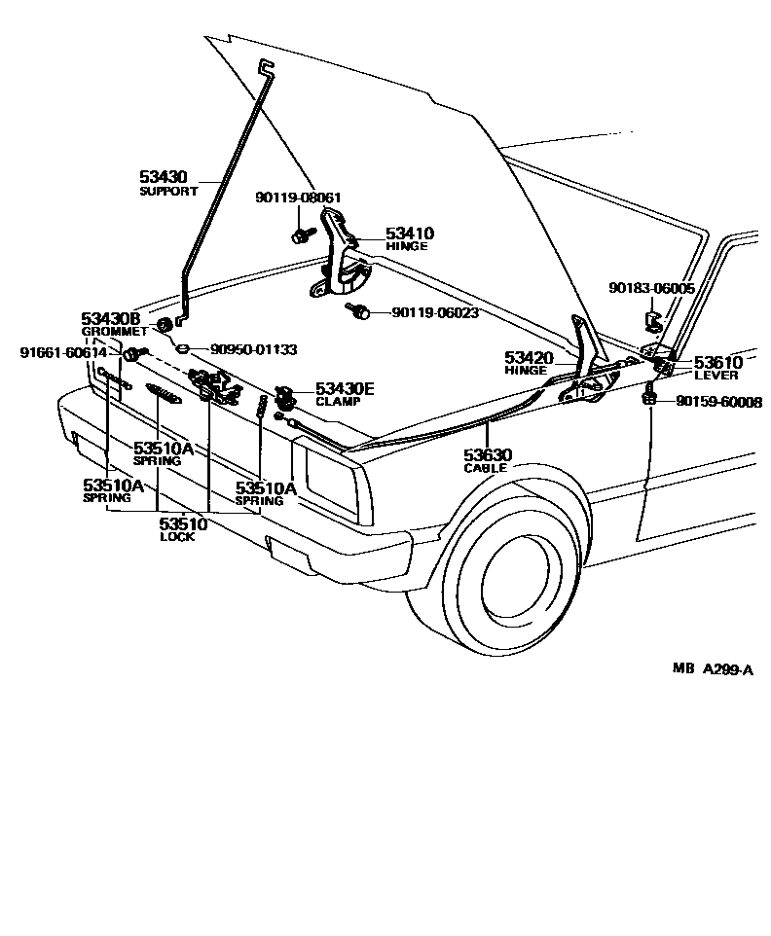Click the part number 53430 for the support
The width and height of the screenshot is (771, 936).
(x=163, y=177)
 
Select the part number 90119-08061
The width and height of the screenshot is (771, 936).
(x=299, y=198)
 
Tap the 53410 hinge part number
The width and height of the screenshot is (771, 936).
(x=409, y=234)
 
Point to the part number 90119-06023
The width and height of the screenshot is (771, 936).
(x=435, y=312)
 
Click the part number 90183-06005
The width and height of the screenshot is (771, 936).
(x=651, y=288)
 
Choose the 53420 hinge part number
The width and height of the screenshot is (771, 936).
(x=529, y=358)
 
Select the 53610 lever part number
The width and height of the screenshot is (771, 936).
(x=717, y=363)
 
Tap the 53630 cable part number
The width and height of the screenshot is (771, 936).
(x=488, y=454)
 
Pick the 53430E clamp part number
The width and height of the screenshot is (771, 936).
(x=345, y=389)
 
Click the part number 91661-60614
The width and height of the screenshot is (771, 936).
(x=63, y=352)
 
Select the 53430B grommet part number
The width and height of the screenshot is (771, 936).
(x=111, y=319)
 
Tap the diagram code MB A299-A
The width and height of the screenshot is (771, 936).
(x=713, y=668)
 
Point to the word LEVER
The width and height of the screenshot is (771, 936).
(x=716, y=376)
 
